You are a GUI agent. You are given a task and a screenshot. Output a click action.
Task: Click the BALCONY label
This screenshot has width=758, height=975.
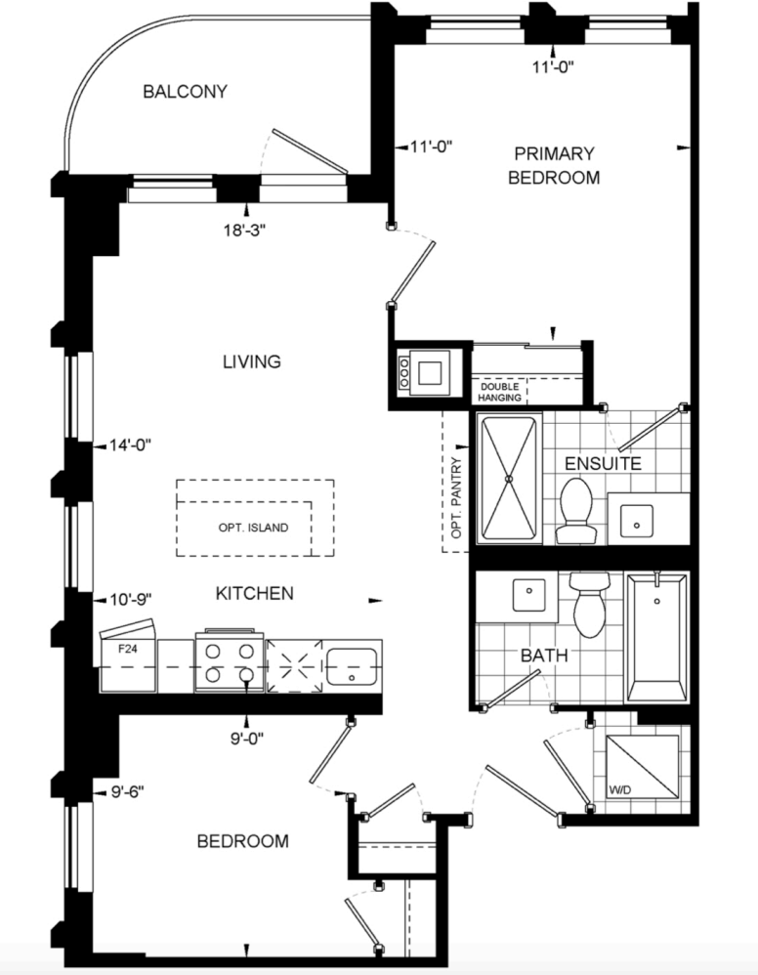[185, 92]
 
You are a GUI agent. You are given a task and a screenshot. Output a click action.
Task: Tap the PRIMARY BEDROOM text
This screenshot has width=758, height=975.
[554, 165]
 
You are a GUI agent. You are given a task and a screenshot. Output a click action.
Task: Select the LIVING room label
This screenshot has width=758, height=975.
[252, 361]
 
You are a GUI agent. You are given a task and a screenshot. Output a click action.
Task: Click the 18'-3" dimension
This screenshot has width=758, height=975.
[245, 230]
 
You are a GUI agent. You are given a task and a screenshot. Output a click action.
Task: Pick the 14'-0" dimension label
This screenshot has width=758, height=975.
[130, 445]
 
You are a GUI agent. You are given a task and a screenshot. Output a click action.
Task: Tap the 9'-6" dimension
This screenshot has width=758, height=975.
[127, 792]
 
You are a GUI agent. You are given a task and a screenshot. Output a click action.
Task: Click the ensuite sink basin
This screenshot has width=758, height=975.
[637, 521]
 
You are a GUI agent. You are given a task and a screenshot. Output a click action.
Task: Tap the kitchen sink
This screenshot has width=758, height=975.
[353, 667]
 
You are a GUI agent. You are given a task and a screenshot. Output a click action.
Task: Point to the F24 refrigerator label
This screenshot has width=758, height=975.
[128, 649]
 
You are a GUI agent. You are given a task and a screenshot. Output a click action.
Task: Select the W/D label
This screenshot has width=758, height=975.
[620, 789]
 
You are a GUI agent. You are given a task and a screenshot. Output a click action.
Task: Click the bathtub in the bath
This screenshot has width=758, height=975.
[657, 638]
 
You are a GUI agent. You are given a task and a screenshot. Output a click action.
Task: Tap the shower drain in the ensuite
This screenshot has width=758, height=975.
[509, 479]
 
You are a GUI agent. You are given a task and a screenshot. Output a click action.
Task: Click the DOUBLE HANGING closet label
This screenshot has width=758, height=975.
[500, 393]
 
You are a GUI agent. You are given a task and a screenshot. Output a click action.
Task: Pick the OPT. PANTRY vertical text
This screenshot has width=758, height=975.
[458, 498]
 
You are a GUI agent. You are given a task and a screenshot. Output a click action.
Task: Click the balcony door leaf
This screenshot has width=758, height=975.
[309, 151]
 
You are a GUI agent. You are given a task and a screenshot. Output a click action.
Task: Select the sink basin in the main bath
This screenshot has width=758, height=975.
[529, 595]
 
